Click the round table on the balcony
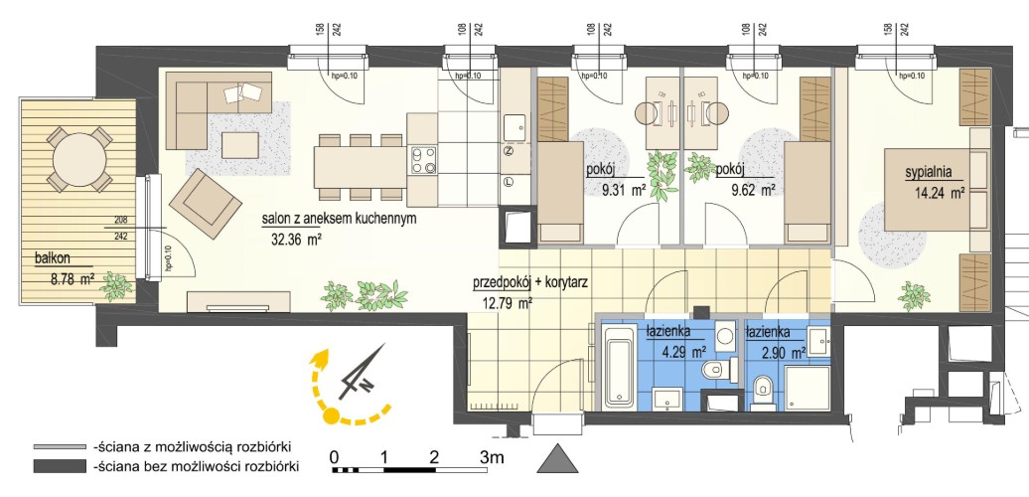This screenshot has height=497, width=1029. [79, 160]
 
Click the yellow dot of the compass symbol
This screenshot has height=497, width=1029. [332, 415]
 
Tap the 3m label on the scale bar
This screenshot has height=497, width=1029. [492, 457]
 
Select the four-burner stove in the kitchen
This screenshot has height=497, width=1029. [423, 160]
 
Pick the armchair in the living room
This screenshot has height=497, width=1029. [206, 203]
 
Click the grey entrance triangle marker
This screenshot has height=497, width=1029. [558, 457]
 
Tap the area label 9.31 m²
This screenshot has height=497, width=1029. [623, 191]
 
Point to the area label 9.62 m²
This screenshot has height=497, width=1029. [753, 191]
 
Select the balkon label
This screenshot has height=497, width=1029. [53, 258]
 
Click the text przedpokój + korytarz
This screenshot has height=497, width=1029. [529, 283]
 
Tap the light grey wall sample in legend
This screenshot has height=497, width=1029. [60, 447]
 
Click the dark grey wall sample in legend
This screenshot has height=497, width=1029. [60, 467]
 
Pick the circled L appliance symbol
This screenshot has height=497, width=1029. [509, 182]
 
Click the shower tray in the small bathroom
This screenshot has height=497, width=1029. [809, 388]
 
